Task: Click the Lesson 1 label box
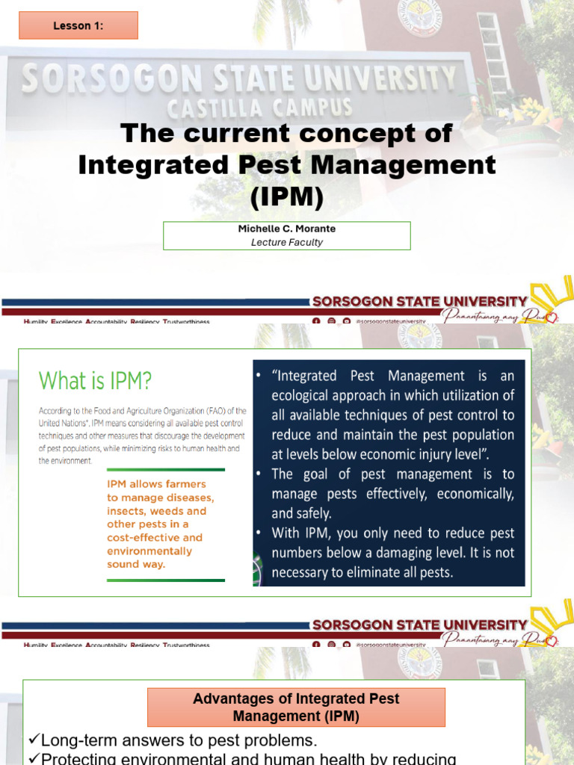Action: click(78, 25)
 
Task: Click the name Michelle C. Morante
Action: click(287, 229)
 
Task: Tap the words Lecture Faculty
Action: click(287, 242)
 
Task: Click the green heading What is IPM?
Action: click(95, 381)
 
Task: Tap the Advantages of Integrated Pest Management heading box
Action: click(296, 707)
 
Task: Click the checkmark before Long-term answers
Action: click(34, 741)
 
